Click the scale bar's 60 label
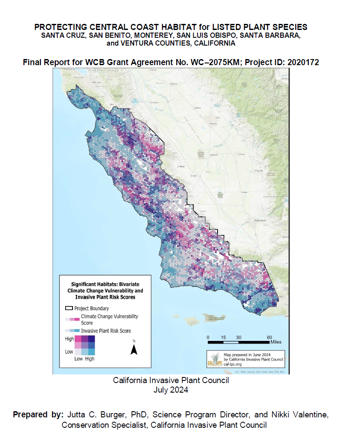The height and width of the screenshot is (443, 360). (270, 337)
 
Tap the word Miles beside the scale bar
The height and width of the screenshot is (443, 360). (275, 342)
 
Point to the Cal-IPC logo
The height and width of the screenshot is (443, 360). (215, 359)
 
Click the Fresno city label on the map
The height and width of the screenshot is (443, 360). (213, 124)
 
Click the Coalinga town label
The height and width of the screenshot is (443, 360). (181, 166)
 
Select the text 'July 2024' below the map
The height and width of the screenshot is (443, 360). (171, 390)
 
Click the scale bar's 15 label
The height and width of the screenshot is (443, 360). (223, 337)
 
